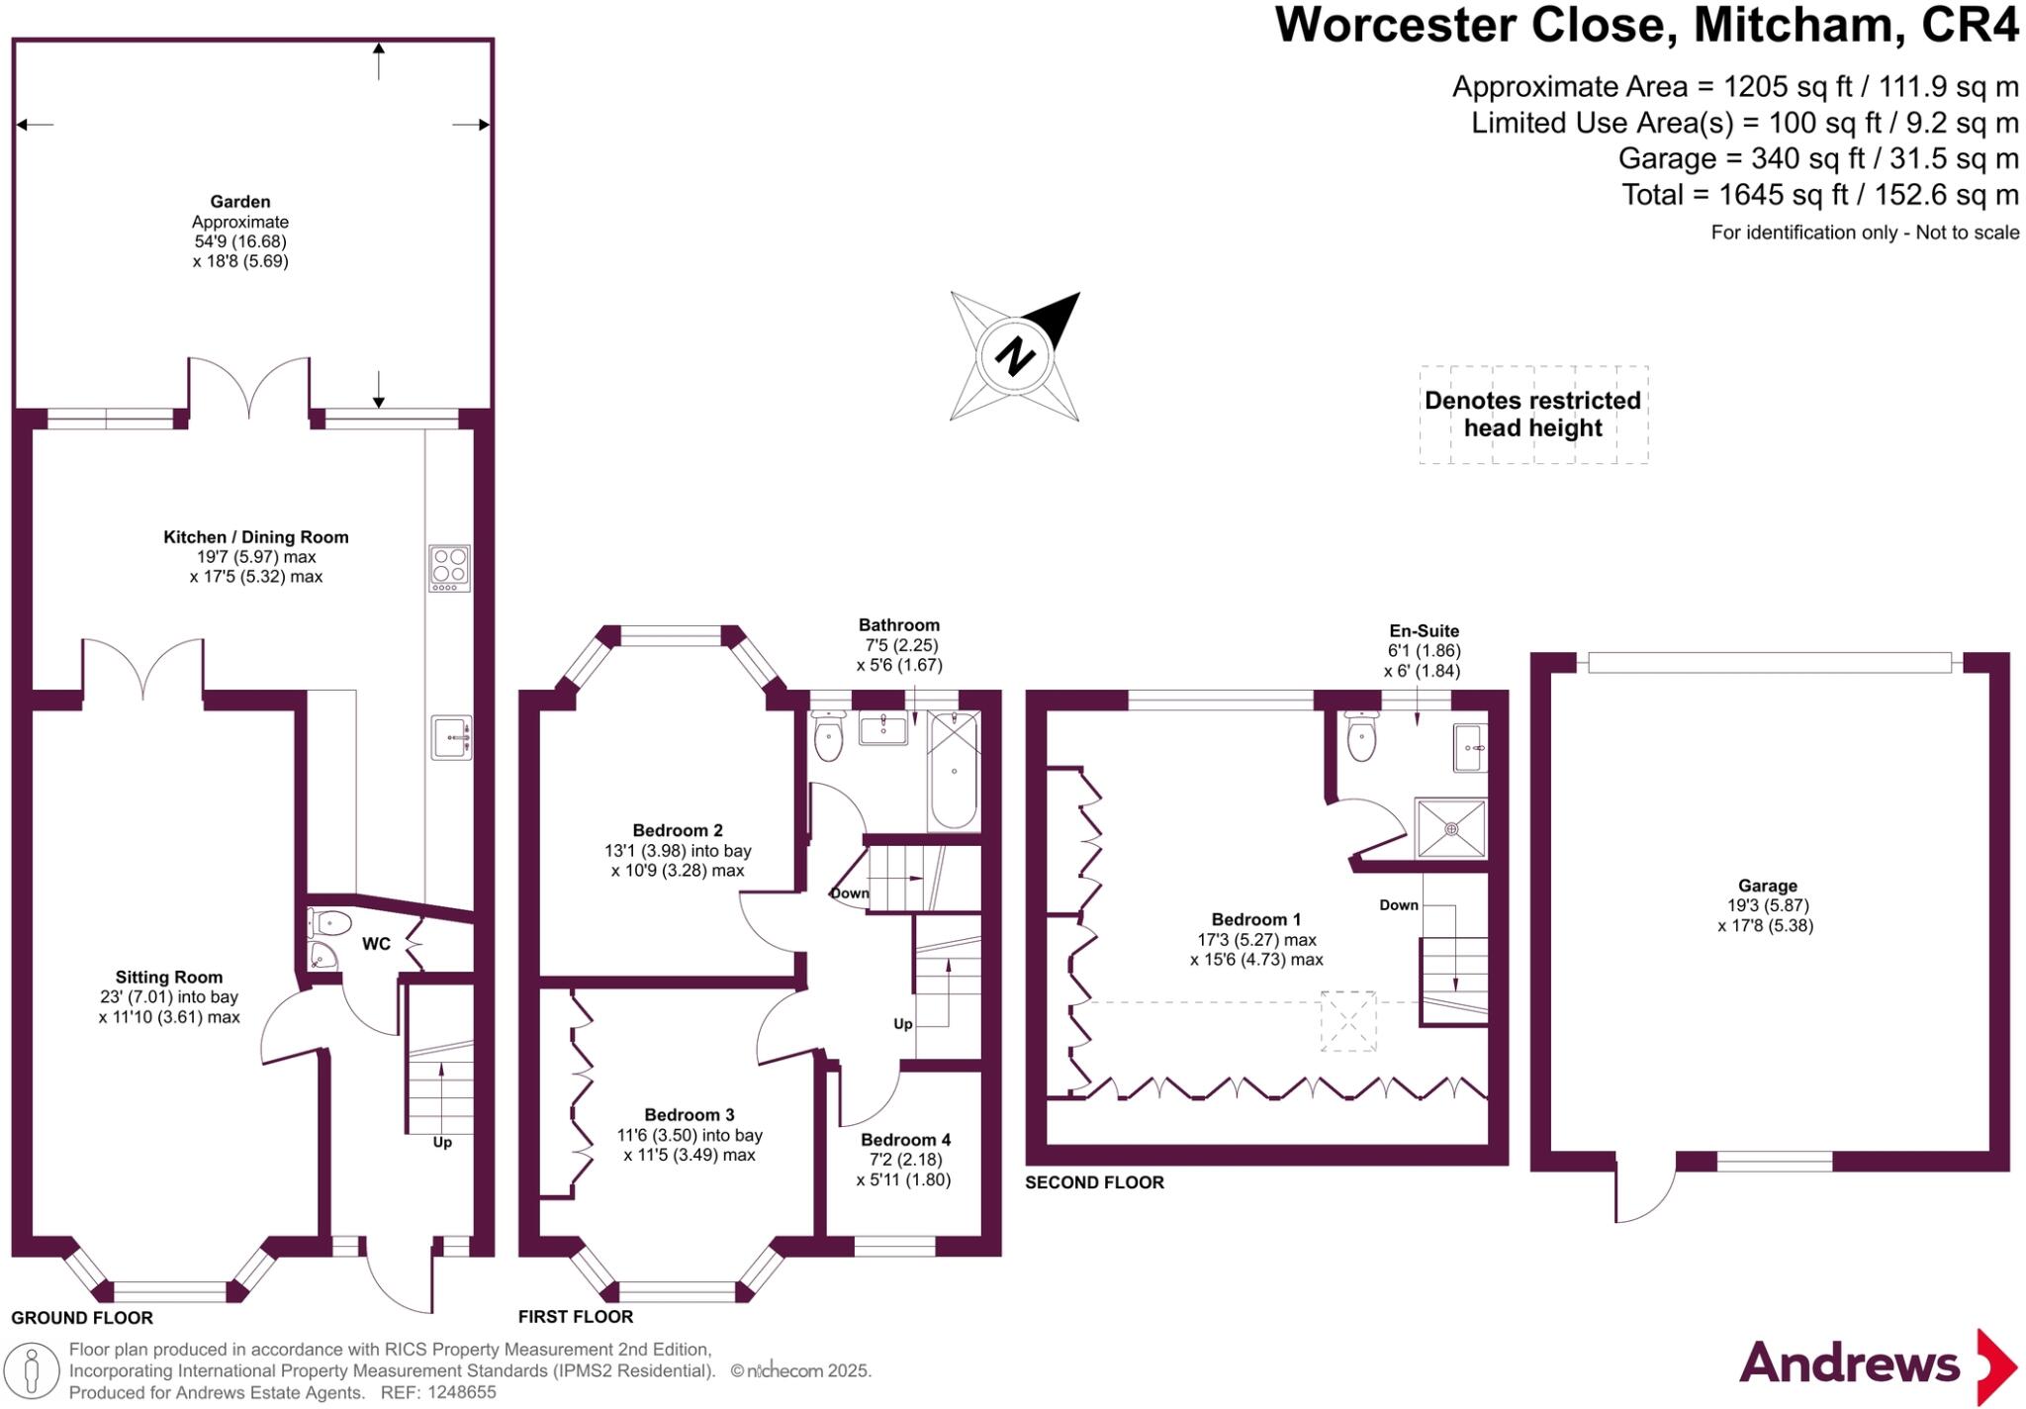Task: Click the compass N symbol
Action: [x=1014, y=355]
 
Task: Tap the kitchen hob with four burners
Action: [x=450, y=568]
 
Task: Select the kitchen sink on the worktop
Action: [x=451, y=737]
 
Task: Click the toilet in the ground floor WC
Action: [x=330, y=923]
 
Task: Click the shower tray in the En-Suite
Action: [x=1450, y=828]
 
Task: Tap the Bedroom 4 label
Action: [x=904, y=1140]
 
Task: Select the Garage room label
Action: [x=1767, y=886]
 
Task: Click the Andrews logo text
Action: [x=1849, y=1363]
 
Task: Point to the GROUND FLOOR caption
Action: [x=82, y=1318]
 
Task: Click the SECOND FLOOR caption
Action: [x=1094, y=1182]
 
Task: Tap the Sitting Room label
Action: [x=169, y=977]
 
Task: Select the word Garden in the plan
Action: [x=239, y=202]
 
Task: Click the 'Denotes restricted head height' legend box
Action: [x=1533, y=415]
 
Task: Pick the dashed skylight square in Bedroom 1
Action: [x=1348, y=1020]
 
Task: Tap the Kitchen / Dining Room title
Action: [x=256, y=537]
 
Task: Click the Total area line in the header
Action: [x=1819, y=195]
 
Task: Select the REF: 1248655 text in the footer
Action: [x=434, y=1392]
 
